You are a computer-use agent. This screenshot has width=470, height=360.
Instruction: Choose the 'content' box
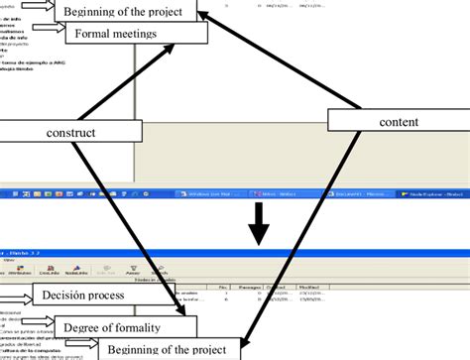coord(398,121)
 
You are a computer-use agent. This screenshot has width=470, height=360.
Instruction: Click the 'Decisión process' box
coord(91,295)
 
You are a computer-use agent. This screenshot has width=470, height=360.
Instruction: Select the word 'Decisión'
coord(67,295)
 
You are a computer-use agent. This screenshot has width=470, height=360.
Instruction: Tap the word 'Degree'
coord(83,326)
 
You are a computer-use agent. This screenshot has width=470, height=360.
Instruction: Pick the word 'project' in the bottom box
coord(213,349)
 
